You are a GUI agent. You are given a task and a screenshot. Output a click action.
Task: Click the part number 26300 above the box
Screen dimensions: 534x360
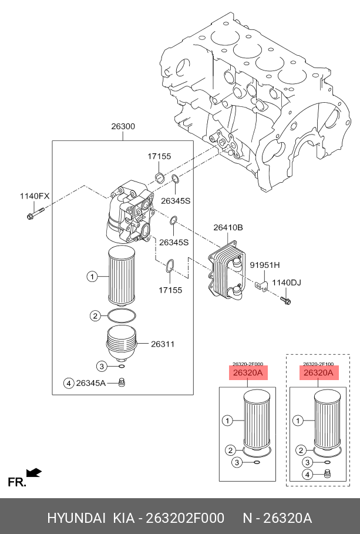[123, 126]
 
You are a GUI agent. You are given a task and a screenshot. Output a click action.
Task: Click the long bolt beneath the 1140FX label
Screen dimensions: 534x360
[35, 214]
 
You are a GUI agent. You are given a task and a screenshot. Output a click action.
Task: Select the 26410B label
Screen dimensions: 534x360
[228, 227]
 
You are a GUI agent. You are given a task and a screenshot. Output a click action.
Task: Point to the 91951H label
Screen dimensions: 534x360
[265, 265]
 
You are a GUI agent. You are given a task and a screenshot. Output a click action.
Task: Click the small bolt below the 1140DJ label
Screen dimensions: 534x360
[286, 301]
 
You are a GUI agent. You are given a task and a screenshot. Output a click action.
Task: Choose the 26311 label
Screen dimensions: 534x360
[163, 344]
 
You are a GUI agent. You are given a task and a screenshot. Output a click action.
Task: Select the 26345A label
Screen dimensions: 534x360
[91, 384]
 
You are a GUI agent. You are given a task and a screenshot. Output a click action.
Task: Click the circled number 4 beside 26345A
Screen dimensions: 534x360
[69, 384]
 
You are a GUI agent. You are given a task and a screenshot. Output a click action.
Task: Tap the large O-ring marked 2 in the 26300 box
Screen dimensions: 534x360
[123, 316]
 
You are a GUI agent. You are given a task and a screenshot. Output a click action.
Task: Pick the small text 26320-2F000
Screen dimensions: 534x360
[247, 364]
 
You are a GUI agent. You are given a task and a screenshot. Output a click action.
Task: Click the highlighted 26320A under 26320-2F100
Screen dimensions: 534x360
[318, 373]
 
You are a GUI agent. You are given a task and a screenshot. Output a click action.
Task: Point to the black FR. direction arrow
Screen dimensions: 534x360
[35, 472]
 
